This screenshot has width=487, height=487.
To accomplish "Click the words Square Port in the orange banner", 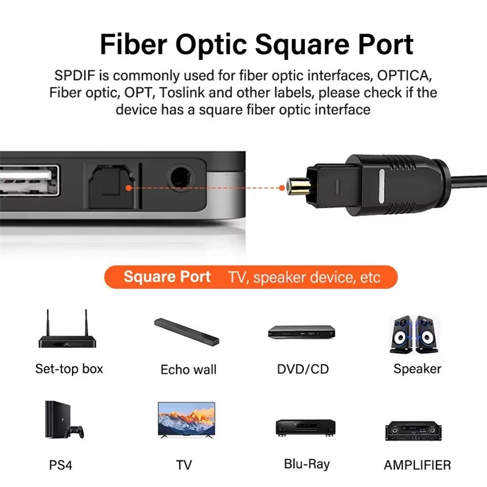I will pyautogui.click(x=167, y=277).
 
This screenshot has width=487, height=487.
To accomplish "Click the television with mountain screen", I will pyautogui.click(x=186, y=420).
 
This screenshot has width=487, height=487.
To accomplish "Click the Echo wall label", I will pyautogui.click(x=188, y=370).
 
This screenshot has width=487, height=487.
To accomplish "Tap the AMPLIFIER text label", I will pyautogui.click(x=417, y=465).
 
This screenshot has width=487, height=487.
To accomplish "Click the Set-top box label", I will pyautogui.click(x=69, y=368).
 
